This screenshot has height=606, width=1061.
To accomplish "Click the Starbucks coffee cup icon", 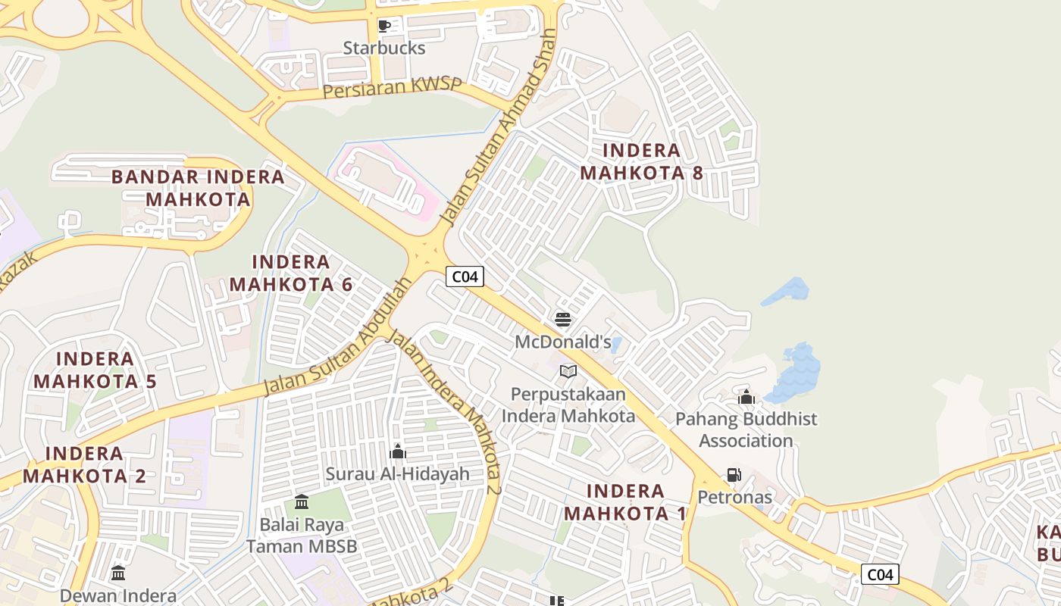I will tap(384, 27).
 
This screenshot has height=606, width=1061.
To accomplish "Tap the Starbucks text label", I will tap(384, 48).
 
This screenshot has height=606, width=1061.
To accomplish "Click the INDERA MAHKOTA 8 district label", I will tap(641, 161).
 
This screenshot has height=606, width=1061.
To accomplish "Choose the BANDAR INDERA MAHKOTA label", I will tap(198, 188).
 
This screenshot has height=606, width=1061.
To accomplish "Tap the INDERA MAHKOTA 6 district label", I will tap(291, 273).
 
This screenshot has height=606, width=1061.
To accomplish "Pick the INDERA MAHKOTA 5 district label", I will tap(95, 370).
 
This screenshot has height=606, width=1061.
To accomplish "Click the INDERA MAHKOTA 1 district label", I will tap(625, 502).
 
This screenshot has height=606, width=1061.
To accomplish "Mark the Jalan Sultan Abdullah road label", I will tap(338, 336).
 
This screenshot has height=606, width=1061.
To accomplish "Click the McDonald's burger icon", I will tap(562, 319).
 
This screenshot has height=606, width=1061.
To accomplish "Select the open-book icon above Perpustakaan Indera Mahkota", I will tap(568, 371).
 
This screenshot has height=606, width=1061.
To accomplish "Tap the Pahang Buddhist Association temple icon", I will tap(746, 397).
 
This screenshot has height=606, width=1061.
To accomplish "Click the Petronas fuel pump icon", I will tap(734, 475).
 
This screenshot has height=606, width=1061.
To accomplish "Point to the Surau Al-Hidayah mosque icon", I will tap(398, 452).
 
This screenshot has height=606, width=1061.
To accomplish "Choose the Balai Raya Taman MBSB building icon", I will tap(302, 501).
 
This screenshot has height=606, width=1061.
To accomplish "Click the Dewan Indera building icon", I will tap(118, 573).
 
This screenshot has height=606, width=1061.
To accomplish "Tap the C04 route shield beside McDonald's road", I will tap(465, 276).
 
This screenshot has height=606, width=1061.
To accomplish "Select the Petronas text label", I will tap(734, 497).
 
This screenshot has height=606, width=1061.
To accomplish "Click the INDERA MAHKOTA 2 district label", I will tap(84, 465).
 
